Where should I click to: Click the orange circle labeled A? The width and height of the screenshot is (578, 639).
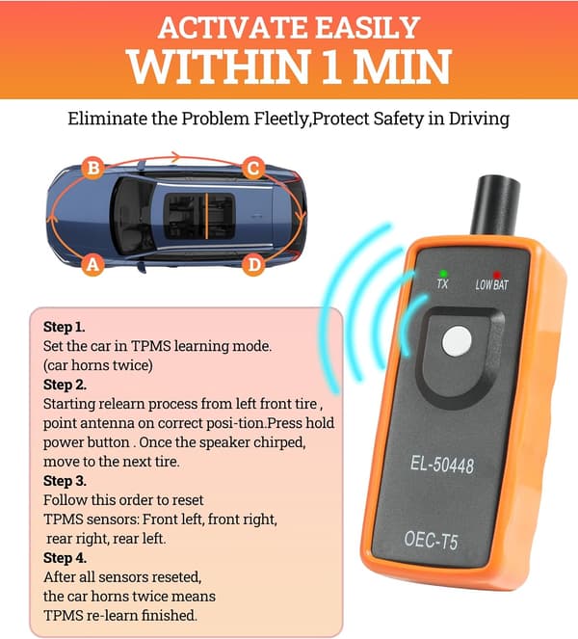pyautogui.click(x=93, y=265)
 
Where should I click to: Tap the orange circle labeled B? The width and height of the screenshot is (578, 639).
pyautogui.click(x=93, y=168)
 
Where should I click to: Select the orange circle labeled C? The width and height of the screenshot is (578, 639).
pyautogui.click(x=253, y=168)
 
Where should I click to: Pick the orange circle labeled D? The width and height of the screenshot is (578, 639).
pyautogui.click(x=253, y=265)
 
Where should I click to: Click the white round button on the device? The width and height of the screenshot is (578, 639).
pyautogui.click(x=457, y=341)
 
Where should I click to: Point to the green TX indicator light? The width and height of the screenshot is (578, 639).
pyautogui.click(x=443, y=274)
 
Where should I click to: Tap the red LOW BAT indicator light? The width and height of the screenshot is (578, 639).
pyautogui.click(x=496, y=275)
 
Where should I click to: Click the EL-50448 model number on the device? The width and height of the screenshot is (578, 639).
pyautogui.click(x=442, y=465)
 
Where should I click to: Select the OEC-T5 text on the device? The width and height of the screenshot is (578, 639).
pyautogui.click(x=431, y=539)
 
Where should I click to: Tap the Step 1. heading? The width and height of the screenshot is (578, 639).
pyautogui.click(x=64, y=327)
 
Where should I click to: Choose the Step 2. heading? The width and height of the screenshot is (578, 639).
pyautogui.click(x=65, y=385)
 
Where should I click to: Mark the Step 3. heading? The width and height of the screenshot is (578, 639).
pyautogui.click(x=65, y=481)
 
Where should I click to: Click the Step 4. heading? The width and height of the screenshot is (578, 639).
pyautogui.click(x=65, y=557)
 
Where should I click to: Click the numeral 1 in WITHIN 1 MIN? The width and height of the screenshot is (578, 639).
pyautogui.click(x=332, y=66)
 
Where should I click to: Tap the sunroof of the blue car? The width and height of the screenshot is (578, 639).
pyautogui.click(x=199, y=216)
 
